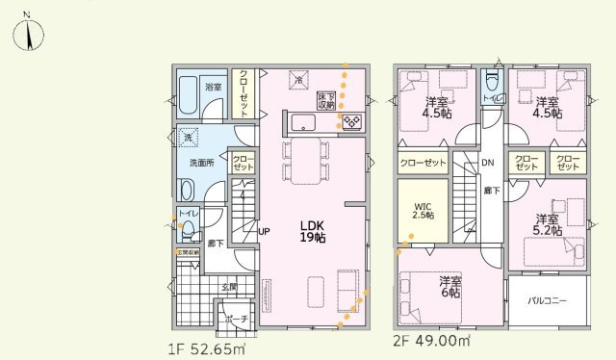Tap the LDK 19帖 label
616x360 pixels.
[x=311, y=231]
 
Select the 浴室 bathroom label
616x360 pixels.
[x=213, y=88]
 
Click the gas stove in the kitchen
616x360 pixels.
[x=349, y=121]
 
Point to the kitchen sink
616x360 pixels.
[x=302, y=122]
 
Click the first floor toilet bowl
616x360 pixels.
[x=188, y=229]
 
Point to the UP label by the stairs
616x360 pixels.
[x=263, y=231]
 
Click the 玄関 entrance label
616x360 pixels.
[x=229, y=287]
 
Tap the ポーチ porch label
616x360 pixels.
[x=237, y=319]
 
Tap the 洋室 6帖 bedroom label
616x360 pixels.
[x=449, y=287]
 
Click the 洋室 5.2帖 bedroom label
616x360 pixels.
[x=546, y=225]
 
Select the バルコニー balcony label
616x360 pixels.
[x=547, y=300]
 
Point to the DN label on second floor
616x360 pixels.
[x=488, y=163]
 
